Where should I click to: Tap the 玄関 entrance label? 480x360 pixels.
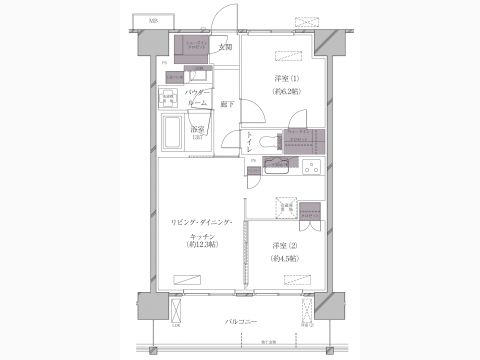(225, 47)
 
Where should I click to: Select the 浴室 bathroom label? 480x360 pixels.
(199, 129)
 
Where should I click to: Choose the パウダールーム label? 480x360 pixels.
(197, 98)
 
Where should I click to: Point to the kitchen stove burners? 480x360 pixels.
(310, 164)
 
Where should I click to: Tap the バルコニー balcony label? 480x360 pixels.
(241, 321)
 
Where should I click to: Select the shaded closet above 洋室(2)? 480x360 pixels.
(310, 212)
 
